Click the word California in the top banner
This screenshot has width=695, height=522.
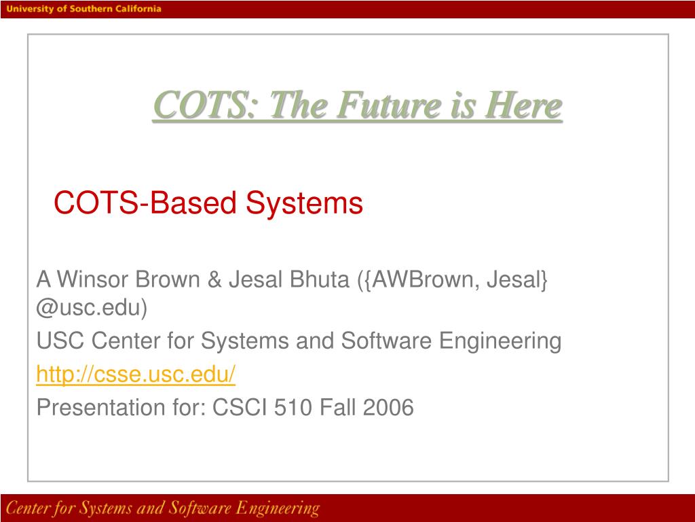point(138,9)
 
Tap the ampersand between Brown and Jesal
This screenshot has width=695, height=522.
point(214,279)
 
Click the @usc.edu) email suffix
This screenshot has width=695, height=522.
point(92,309)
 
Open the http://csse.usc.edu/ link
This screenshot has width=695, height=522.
point(136,374)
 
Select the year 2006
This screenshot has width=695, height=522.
point(388,407)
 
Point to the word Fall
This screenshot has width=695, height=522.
point(338,407)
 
